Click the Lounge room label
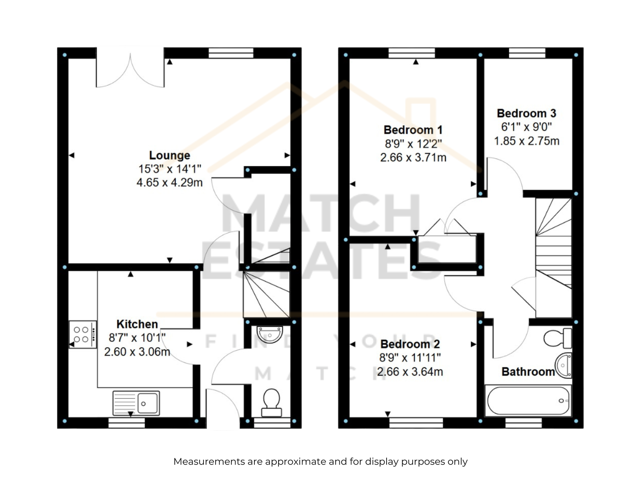point(169,156)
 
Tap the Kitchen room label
point(137,324)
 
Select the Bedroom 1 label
point(413,130)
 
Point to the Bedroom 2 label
point(410,344)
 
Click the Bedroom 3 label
point(526,113)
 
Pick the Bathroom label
point(528,372)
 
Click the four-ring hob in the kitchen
point(83,334)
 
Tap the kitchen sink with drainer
point(136,403)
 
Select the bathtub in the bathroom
point(528,400)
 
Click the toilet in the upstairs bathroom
point(558,338)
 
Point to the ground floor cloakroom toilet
point(272,402)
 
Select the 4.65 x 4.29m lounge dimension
point(169,182)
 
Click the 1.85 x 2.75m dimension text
point(526,141)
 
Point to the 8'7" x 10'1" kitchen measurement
point(137,338)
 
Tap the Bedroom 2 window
point(416,422)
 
